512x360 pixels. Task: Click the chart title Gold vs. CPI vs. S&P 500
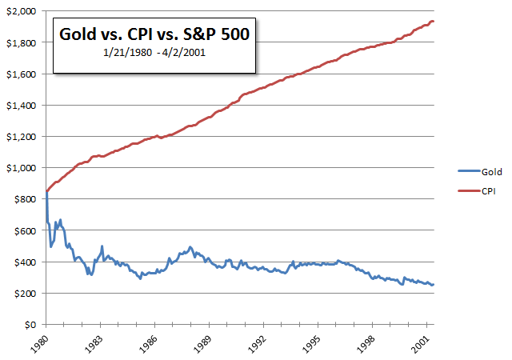(154, 35)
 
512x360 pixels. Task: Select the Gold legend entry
(481, 171)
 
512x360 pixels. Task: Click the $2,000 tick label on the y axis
(21, 11)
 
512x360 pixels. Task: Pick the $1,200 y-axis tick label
(21, 137)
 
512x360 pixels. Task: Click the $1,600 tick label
(21, 74)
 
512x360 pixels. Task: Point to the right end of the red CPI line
(433, 22)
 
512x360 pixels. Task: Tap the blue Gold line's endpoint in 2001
(433, 285)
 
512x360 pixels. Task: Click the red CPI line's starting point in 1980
(46, 192)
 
